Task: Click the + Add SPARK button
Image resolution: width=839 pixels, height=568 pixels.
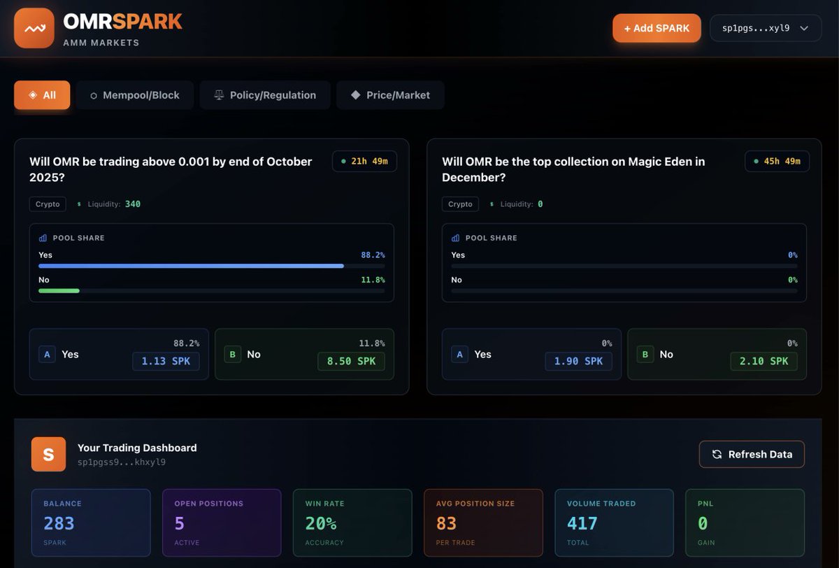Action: click(657, 28)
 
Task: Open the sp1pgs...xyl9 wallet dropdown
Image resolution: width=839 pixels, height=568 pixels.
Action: click(766, 28)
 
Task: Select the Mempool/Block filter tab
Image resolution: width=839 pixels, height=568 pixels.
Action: click(135, 95)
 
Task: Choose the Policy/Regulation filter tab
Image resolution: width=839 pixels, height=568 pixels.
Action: click(265, 95)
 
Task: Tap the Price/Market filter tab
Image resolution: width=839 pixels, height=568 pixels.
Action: click(390, 95)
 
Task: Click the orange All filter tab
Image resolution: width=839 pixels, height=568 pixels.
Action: click(42, 95)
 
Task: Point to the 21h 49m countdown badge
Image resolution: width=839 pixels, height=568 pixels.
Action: click(364, 162)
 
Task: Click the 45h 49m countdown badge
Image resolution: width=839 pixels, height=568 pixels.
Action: click(777, 162)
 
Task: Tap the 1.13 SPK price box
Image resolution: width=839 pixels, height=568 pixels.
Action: click(166, 361)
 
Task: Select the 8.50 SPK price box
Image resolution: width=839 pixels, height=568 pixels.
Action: click(352, 361)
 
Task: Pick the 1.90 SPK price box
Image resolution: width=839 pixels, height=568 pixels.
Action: click(579, 361)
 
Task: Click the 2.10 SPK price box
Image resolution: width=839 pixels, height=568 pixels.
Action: click(764, 361)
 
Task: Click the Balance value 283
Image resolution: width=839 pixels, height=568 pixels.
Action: click(59, 523)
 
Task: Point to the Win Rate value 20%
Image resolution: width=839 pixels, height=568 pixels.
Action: click(321, 523)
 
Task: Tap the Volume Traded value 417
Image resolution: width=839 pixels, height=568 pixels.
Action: click(582, 523)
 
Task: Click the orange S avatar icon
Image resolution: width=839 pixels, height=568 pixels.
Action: click(48, 455)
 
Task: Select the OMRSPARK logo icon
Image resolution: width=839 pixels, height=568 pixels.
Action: click(34, 28)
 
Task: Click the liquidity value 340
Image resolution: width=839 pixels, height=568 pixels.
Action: click(133, 204)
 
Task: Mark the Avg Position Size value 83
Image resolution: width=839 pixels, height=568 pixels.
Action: click(446, 523)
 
